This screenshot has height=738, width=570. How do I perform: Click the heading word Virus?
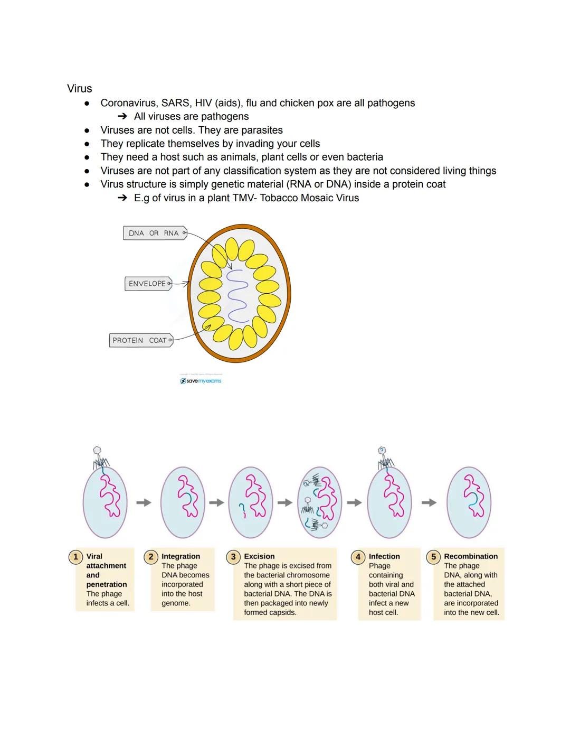[x=79, y=89]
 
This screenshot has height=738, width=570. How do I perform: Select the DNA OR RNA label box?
[x=155, y=233]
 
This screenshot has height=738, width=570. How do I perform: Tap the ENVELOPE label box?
[x=148, y=284]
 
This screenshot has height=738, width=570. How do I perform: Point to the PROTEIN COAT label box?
[x=140, y=340]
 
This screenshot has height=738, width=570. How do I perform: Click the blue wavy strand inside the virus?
[x=237, y=296]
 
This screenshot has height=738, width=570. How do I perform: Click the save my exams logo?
[x=201, y=381]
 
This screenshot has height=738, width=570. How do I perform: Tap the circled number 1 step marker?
[x=75, y=557]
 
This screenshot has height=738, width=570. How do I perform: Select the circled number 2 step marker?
[x=150, y=557]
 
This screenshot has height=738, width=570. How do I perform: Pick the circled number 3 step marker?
[x=233, y=557]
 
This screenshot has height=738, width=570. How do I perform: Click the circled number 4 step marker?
[x=358, y=557]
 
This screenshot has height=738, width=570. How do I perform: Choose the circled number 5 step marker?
[x=433, y=557]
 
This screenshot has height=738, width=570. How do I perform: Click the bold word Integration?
[x=180, y=556]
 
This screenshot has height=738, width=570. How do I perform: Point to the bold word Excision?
[x=259, y=556]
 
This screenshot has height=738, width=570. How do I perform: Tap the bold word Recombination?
[x=471, y=556]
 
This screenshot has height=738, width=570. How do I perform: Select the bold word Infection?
[x=384, y=556]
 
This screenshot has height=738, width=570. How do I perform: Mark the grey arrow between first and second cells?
[x=144, y=502]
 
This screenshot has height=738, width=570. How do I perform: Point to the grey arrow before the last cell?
[x=429, y=502]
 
